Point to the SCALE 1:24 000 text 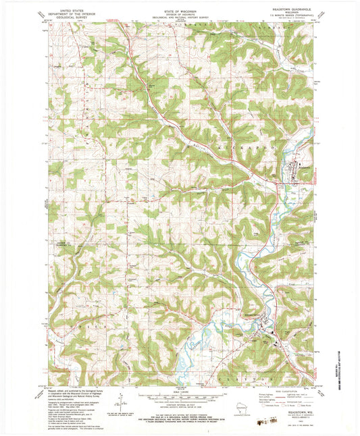pyautogui.click(x=179, y=390)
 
